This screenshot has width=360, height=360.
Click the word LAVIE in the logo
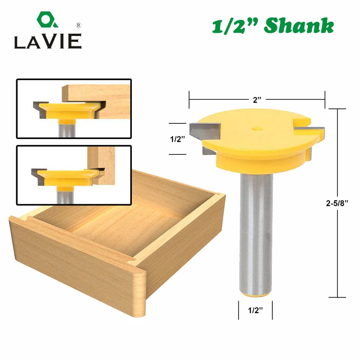[47, 42]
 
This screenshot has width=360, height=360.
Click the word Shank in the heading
[299, 26]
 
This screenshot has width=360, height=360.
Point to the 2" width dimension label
[257, 100]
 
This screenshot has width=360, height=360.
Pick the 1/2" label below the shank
[255, 310]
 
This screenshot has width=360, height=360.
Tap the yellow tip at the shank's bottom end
[255, 293]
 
